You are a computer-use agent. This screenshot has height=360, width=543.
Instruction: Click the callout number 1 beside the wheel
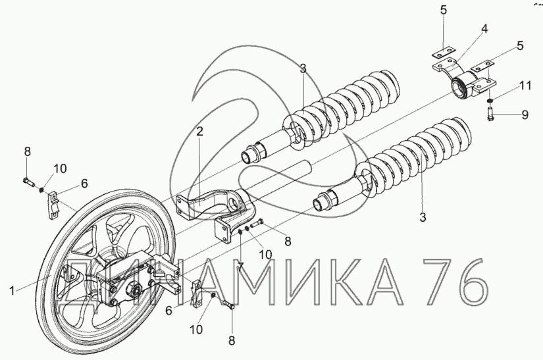click(x=12, y=291)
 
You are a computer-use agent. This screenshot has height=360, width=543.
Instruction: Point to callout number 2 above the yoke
click(x=199, y=132)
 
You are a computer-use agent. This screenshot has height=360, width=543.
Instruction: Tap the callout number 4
click(x=484, y=29)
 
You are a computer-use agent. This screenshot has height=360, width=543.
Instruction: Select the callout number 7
click(x=240, y=267)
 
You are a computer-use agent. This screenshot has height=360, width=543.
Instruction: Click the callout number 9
click(x=525, y=115)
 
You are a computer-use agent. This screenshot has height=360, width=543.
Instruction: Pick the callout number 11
click(x=525, y=85)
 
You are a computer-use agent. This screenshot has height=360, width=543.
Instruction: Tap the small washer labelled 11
click(x=490, y=101)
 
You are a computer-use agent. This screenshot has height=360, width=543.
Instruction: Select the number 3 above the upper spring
click(x=303, y=68)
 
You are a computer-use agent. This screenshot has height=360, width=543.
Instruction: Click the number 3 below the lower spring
click(x=423, y=217)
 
